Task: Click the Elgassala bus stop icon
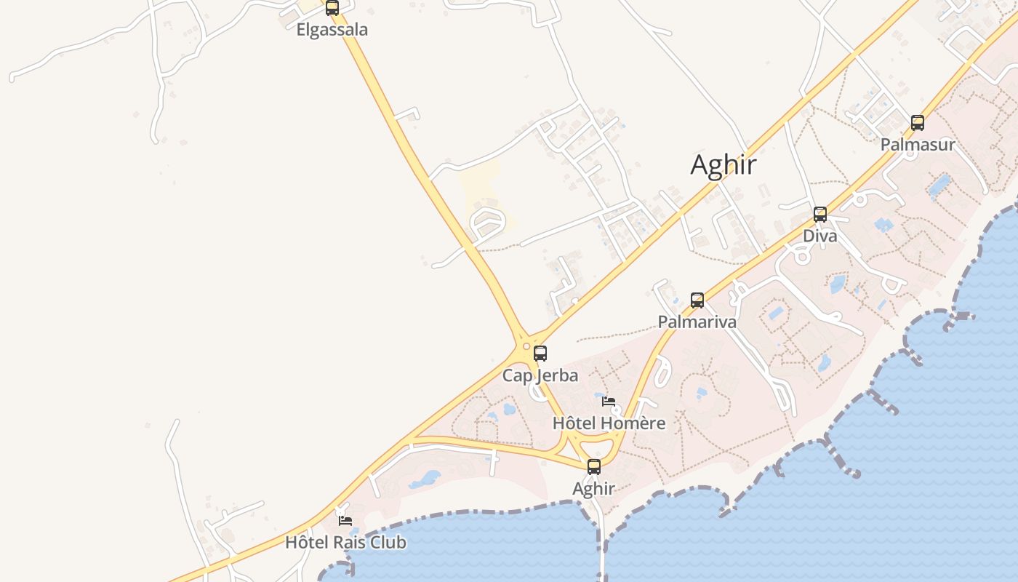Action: tap(332, 8)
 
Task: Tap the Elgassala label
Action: tap(332, 30)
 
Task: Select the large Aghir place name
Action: tap(724, 165)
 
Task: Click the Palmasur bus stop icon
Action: tap(918, 123)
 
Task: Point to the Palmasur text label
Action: tap(918, 145)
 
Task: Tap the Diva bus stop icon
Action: tap(820, 215)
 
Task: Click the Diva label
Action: tap(820, 236)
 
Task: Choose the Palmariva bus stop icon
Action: tap(697, 300)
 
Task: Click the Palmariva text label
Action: tap(697, 322)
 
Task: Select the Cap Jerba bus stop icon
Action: tap(540, 354)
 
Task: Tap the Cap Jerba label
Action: tap(540, 375)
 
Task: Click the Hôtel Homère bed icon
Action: tap(609, 401)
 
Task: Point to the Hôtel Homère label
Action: tap(609, 423)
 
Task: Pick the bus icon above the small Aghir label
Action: tap(594, 467)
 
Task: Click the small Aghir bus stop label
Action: tap(594, 489)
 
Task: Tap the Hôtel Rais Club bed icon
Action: tap(345, 520)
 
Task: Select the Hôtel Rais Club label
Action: tap(345, 543)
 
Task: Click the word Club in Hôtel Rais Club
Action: tap(388, 543)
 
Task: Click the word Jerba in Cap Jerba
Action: tap(557, 375)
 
